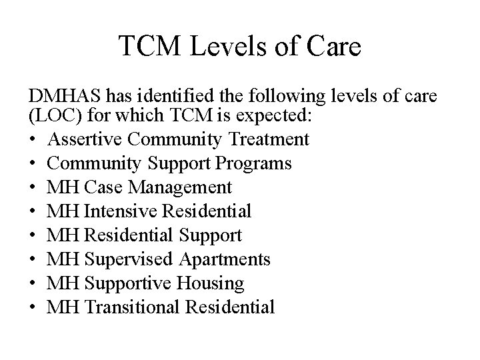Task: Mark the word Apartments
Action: [229, 259]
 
